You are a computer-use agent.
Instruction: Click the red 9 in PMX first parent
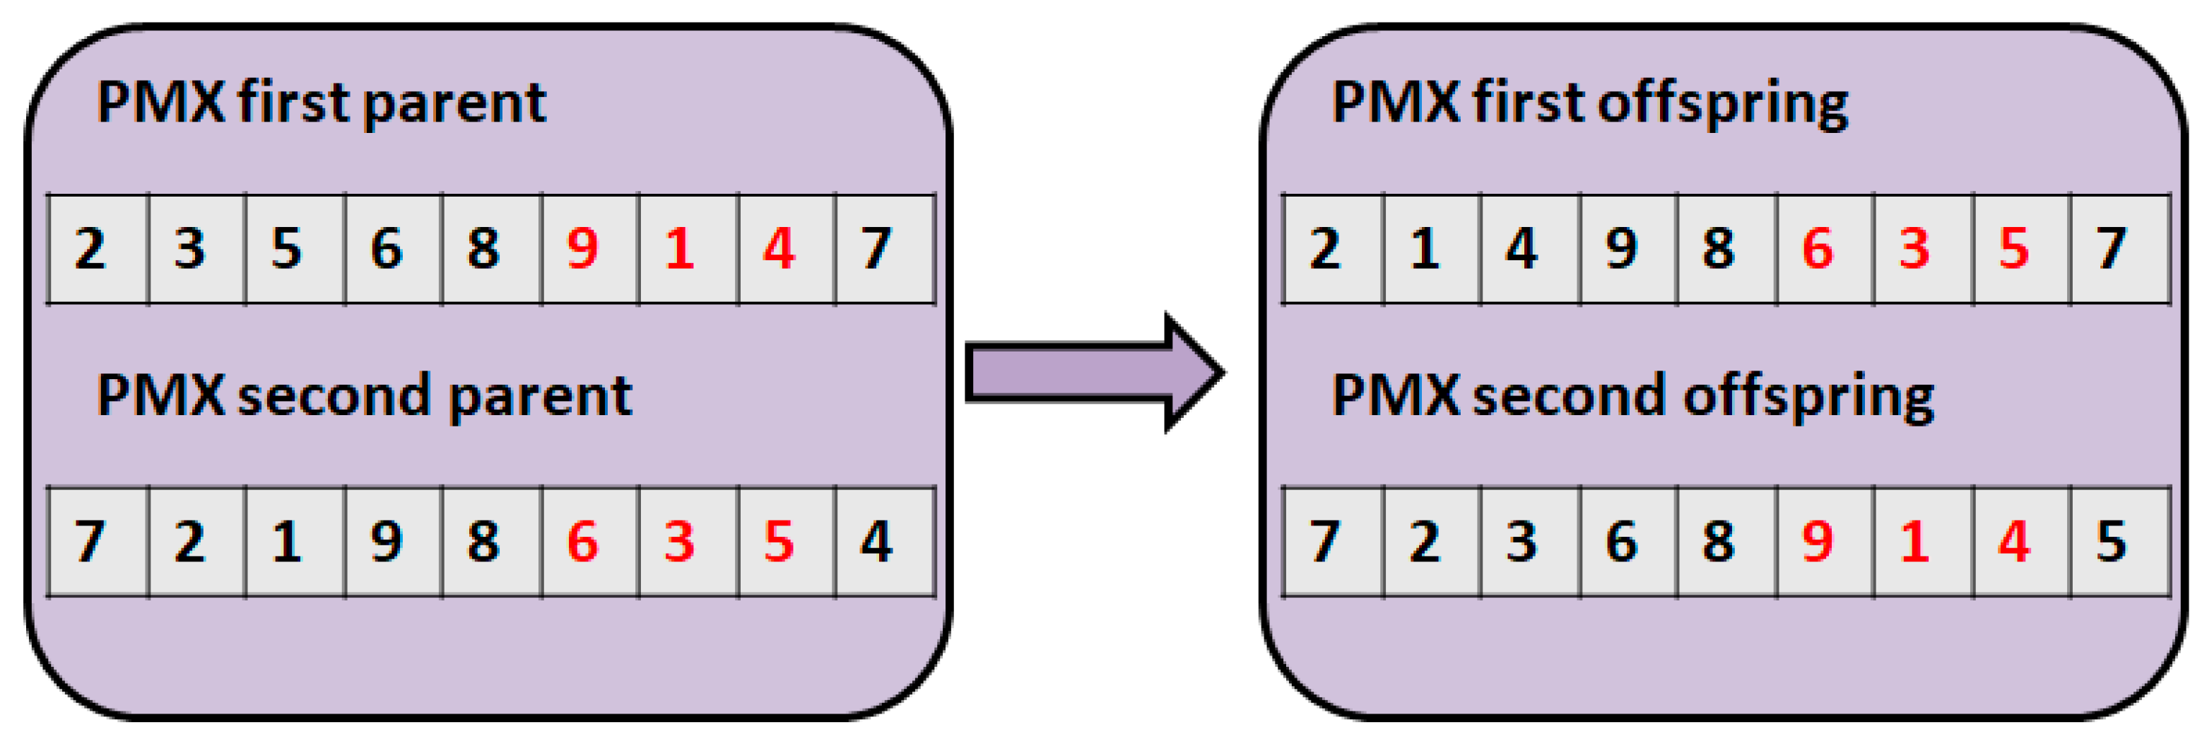click(x=582, y=248)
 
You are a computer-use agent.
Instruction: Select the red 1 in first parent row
click(x=679, y=248)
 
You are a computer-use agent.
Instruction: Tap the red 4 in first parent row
click(x=779, y=248)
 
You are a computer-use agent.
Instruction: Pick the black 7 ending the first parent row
click(x=876, y=248)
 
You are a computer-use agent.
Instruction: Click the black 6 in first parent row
click(x=387, y=248)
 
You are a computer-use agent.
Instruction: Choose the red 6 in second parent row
click(x=582, y=542)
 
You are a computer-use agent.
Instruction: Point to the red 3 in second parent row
click(x=679, y=542)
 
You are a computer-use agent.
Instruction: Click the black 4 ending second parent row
click(x=876, y=542)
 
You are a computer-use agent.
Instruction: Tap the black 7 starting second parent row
click(x=90, y=542)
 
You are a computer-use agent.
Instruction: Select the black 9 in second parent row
click(x=387, y=542)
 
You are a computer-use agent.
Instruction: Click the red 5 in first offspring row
click(x=2014, y=248)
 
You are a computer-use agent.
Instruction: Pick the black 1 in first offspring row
click(x=1425, y=248)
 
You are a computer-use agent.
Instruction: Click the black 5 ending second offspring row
click(x=2111, y=542)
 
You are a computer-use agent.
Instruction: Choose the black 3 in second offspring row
click(x=1522, y=542)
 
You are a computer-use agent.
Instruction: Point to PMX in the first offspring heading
click(x=1395, y=103)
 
